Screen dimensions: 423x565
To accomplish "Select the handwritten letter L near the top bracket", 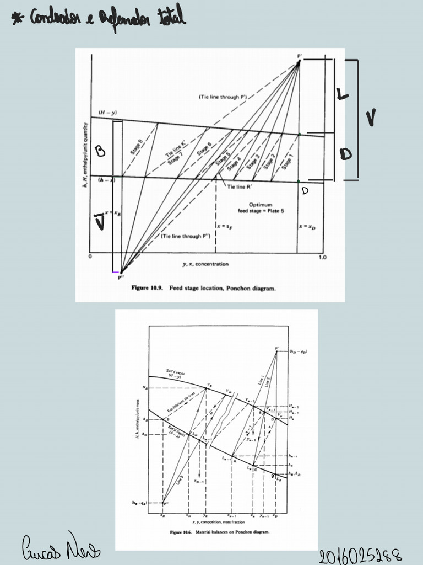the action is coord(342,95).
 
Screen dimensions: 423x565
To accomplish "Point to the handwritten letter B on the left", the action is coord(101,152).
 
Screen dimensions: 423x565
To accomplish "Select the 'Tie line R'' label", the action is coord(240,187).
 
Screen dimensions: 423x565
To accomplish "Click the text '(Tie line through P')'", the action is coord(222,97).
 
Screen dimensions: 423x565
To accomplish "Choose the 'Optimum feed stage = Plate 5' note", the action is coord(264,208).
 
